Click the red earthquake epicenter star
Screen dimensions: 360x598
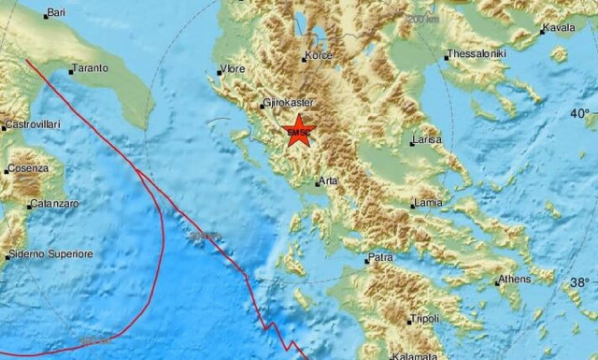(x=298, y=130)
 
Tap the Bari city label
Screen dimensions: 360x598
(x=56, y=13)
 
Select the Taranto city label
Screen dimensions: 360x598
(x=93, y=68)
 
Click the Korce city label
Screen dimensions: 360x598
(x=320, y=57)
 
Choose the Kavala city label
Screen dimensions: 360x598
(x=559, y=29)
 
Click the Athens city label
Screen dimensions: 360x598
(x=512, y=279)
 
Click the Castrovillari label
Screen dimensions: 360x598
(x=33, y=124)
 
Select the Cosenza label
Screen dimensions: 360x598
(x=27, y=168)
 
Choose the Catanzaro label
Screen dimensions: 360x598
(x=52, y=201)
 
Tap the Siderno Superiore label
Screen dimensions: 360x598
(x=51, y=253)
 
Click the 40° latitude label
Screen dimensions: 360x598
(x=581, y=113)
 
